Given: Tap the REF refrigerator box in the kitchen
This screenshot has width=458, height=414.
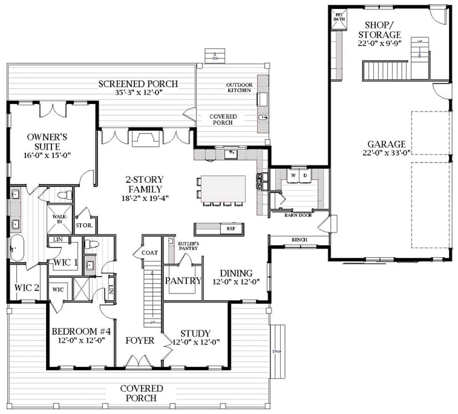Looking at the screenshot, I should coord(231,228).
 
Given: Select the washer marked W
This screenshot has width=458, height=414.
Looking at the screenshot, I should coord(293,176).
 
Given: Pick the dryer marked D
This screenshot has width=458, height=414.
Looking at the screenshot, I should coord(305,176).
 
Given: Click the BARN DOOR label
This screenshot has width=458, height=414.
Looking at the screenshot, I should coord(298,215).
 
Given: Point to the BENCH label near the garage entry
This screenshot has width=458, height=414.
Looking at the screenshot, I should coord(299,240).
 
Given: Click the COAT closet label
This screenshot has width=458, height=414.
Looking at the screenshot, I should coord(150,253).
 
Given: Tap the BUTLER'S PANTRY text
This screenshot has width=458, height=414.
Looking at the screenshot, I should coord(189,246).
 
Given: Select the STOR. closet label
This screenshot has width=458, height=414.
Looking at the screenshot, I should coord(84,225).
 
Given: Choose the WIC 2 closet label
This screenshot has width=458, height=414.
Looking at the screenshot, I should coord(27,287).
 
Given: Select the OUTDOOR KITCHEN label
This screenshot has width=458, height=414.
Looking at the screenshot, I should coord(239,87).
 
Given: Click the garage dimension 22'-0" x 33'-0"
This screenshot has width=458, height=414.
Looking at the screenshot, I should coord(386,153).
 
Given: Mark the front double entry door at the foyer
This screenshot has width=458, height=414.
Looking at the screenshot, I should coord(139,362).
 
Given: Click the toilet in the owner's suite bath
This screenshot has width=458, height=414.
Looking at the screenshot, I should coord(65,195).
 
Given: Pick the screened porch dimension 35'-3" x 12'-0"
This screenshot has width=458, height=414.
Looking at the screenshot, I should coord(138,92).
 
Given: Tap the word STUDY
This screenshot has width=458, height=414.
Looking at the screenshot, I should coord(195,333).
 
